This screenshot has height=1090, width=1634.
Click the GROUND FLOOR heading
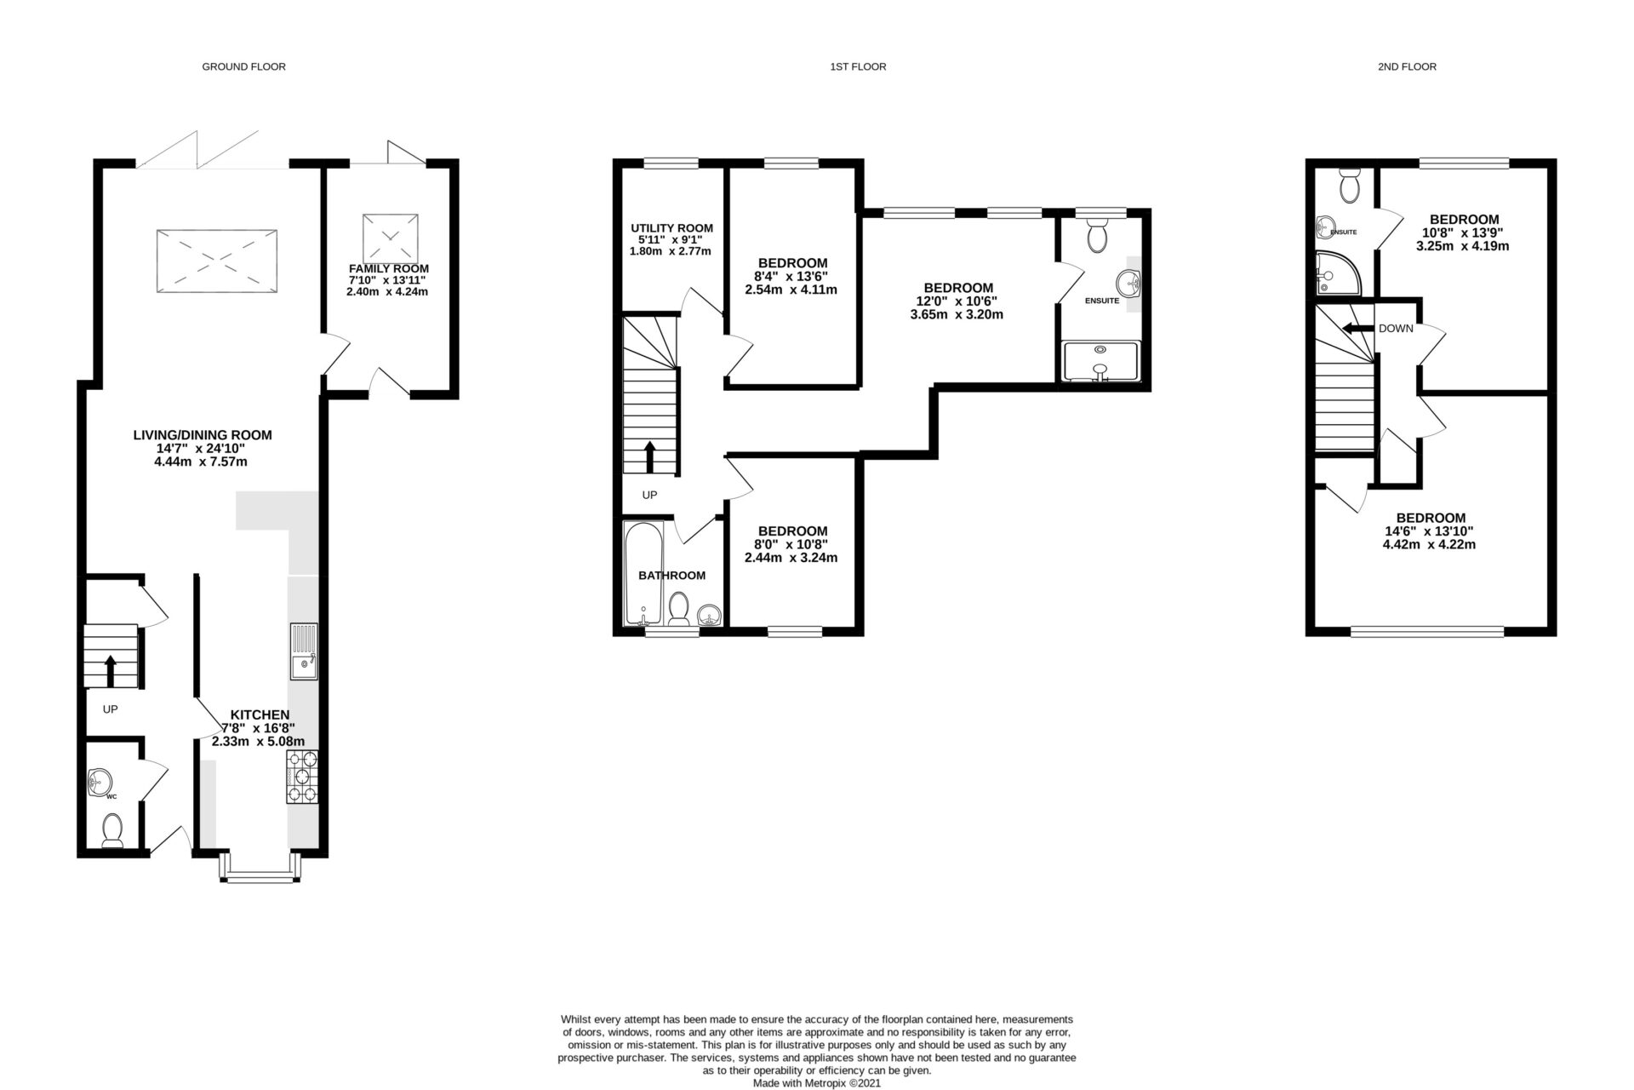pyautogui.click(x=243, y=66)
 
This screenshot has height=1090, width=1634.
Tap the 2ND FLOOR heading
pyautogui.click(x=1407, y=66)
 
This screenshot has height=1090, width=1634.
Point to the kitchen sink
pyautogui.click(x=304, y=652)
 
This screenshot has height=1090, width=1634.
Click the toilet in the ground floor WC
pyautogui.click(x=111, y=829)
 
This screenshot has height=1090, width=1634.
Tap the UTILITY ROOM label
pyautogui.click(x=671, y=228)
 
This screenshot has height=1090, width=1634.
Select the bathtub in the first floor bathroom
pyautogui.click(x=637, y=575)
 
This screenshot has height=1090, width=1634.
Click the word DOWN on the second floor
pyautogui.click(x=1396, y=329)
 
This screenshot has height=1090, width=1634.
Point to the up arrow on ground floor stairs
pyautogui.click(x=110, y=670)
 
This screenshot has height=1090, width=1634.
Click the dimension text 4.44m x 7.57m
pyautogui.click(x=202, y=462)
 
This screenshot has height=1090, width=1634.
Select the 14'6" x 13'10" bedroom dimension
pyautogui.click(x=1430, y=531)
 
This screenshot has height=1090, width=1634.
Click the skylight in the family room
pyautogui.click(x=391, y=238)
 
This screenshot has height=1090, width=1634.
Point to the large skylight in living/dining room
pyautogui.click(x=218, y=261)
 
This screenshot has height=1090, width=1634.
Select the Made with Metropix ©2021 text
pyautogui.click(x=816, y=1084)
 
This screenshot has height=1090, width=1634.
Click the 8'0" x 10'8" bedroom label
pyautogui.click(x=791, y=544)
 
